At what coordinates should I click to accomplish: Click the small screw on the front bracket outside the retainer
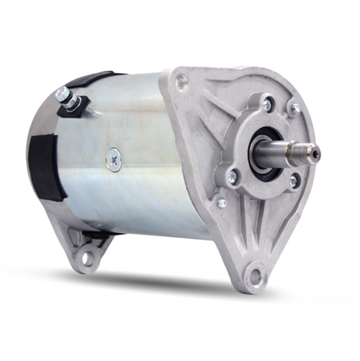point(222,203)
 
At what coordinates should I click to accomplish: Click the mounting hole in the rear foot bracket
point(87,257)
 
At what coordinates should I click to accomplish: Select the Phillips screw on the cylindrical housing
point(115,158)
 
